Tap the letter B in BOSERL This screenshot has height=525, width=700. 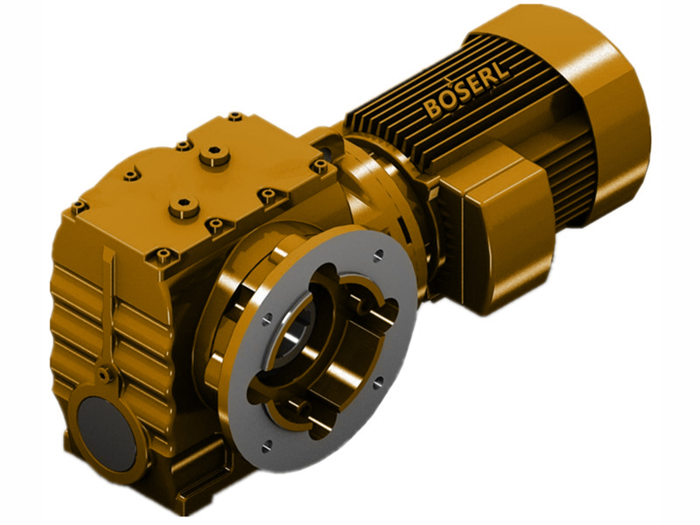(433, 109)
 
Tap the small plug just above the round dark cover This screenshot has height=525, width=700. (104, 374)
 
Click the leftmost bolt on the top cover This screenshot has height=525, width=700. (79, 206)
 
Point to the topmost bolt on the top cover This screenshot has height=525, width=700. (234, 115)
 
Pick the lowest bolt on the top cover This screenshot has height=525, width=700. (163, 255)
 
